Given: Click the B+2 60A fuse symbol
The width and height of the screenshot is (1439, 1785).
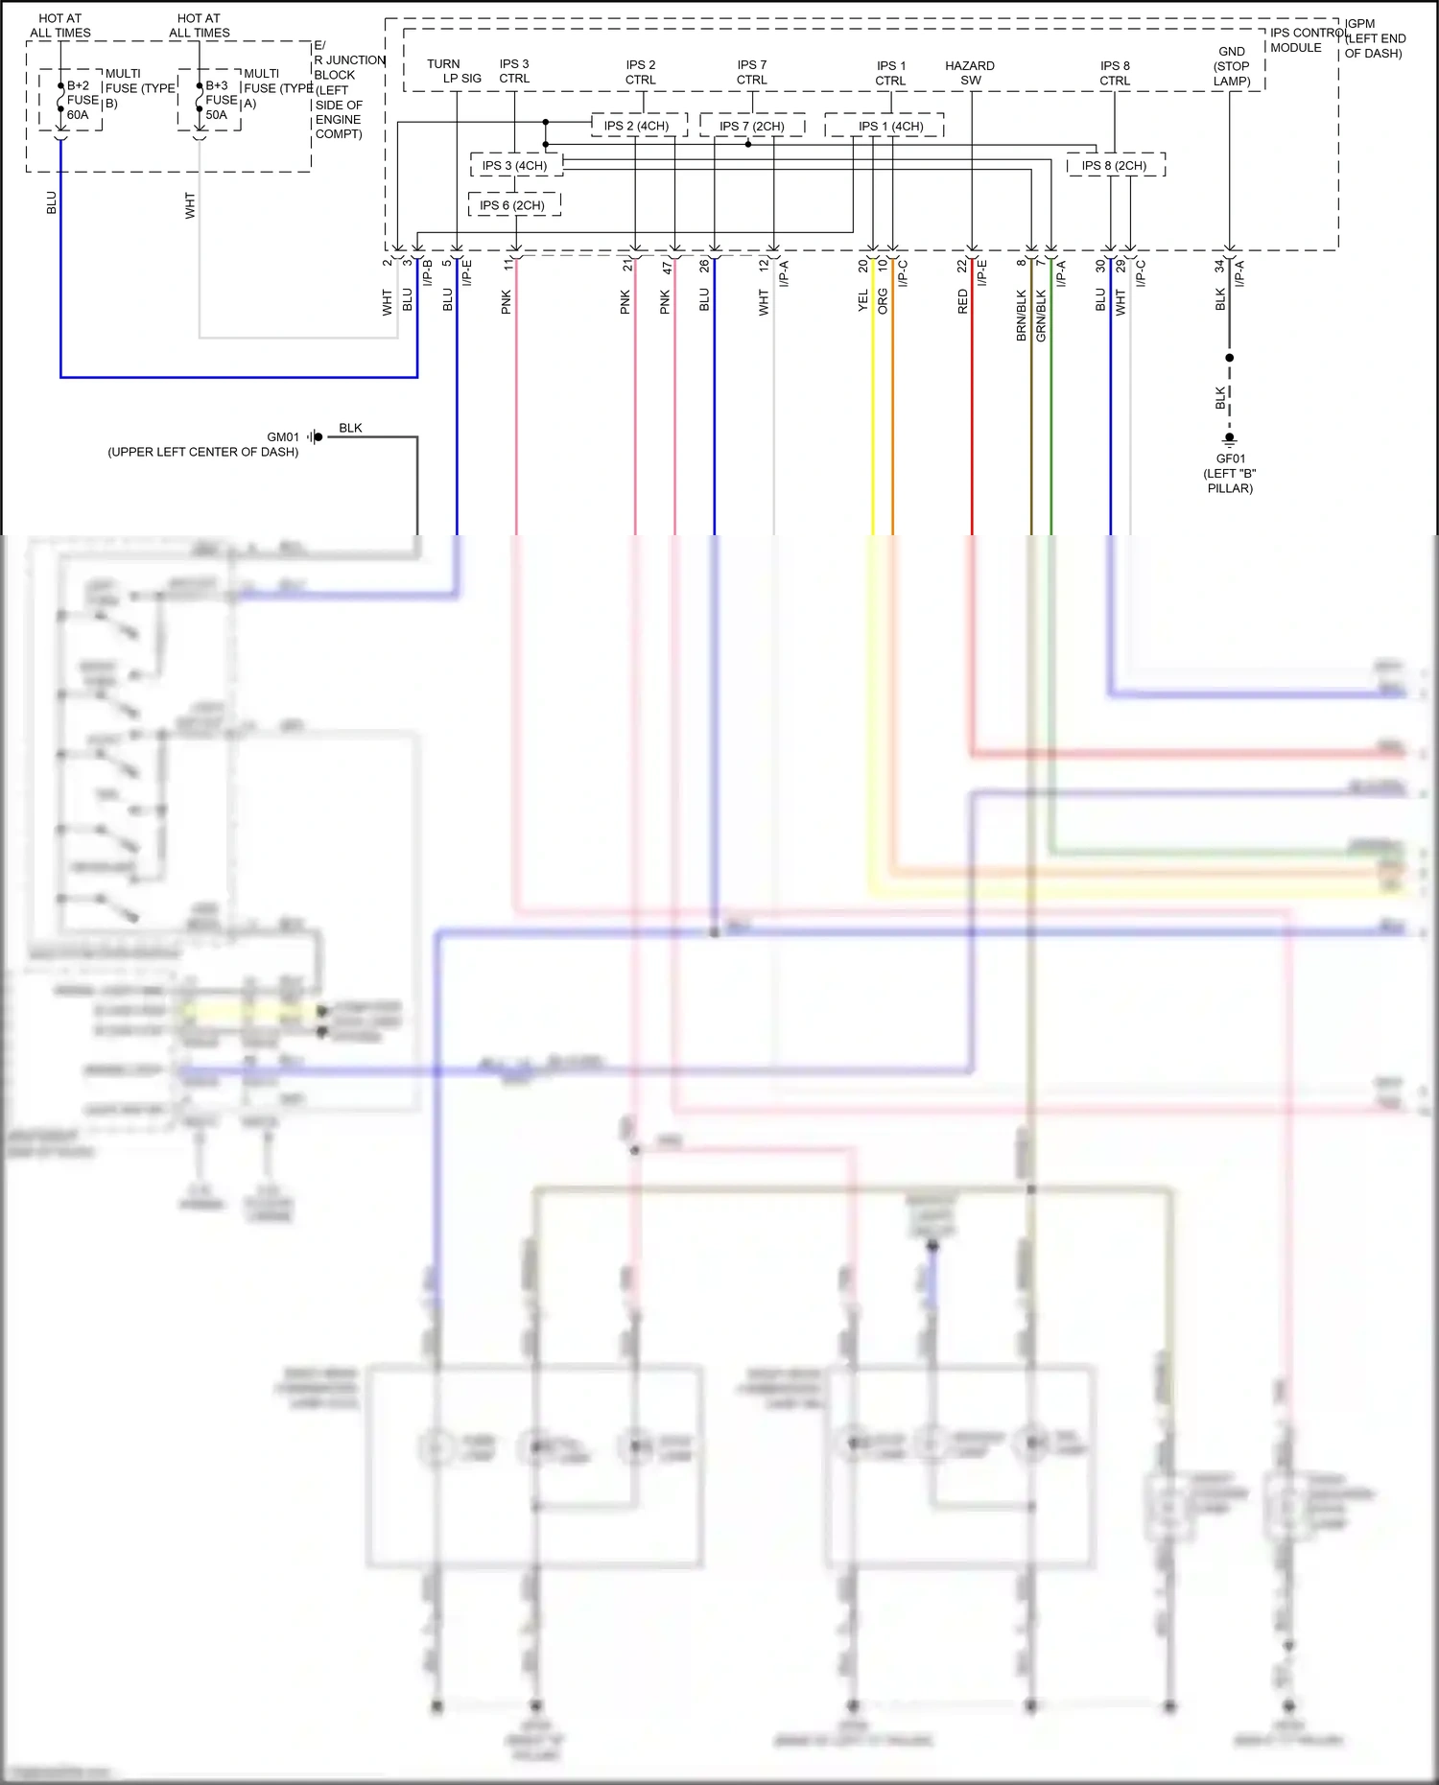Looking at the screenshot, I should [x=60, y=99].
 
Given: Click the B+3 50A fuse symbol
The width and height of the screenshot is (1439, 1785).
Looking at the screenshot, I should [x=200, y=99].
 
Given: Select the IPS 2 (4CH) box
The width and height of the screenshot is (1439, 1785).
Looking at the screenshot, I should [x=637, y=126].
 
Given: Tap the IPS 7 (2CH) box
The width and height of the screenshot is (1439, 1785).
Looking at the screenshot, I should [x=751, y=126].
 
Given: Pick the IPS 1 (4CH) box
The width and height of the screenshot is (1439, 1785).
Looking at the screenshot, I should [x=890, y=126].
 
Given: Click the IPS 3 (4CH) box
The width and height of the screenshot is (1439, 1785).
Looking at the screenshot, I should [x=515, y=166].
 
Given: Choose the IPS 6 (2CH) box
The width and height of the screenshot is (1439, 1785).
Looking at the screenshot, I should [x=513, y=205].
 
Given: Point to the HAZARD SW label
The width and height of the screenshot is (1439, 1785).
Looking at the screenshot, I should [x=970, y=73].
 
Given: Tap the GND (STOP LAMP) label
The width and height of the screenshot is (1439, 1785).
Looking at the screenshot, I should [x=1231, y=66].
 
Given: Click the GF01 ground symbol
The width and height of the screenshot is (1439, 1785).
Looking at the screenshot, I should [x=1230, y=440].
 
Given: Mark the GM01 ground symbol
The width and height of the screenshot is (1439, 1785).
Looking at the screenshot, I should [x=315, y=437].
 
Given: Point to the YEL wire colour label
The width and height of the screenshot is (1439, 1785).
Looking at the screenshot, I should [x=862, y=300].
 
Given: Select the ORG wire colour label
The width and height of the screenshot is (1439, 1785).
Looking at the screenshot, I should [x=883, y=301].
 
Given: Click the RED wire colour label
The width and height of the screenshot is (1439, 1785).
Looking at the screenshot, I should [x=962, y=302].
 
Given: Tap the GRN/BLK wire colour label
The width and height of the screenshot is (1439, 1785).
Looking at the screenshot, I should [x=1041, y=316].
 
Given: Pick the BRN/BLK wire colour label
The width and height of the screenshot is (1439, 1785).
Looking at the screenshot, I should [x=1021, y=316].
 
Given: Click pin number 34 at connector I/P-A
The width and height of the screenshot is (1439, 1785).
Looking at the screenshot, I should [x=1219, y=266].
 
